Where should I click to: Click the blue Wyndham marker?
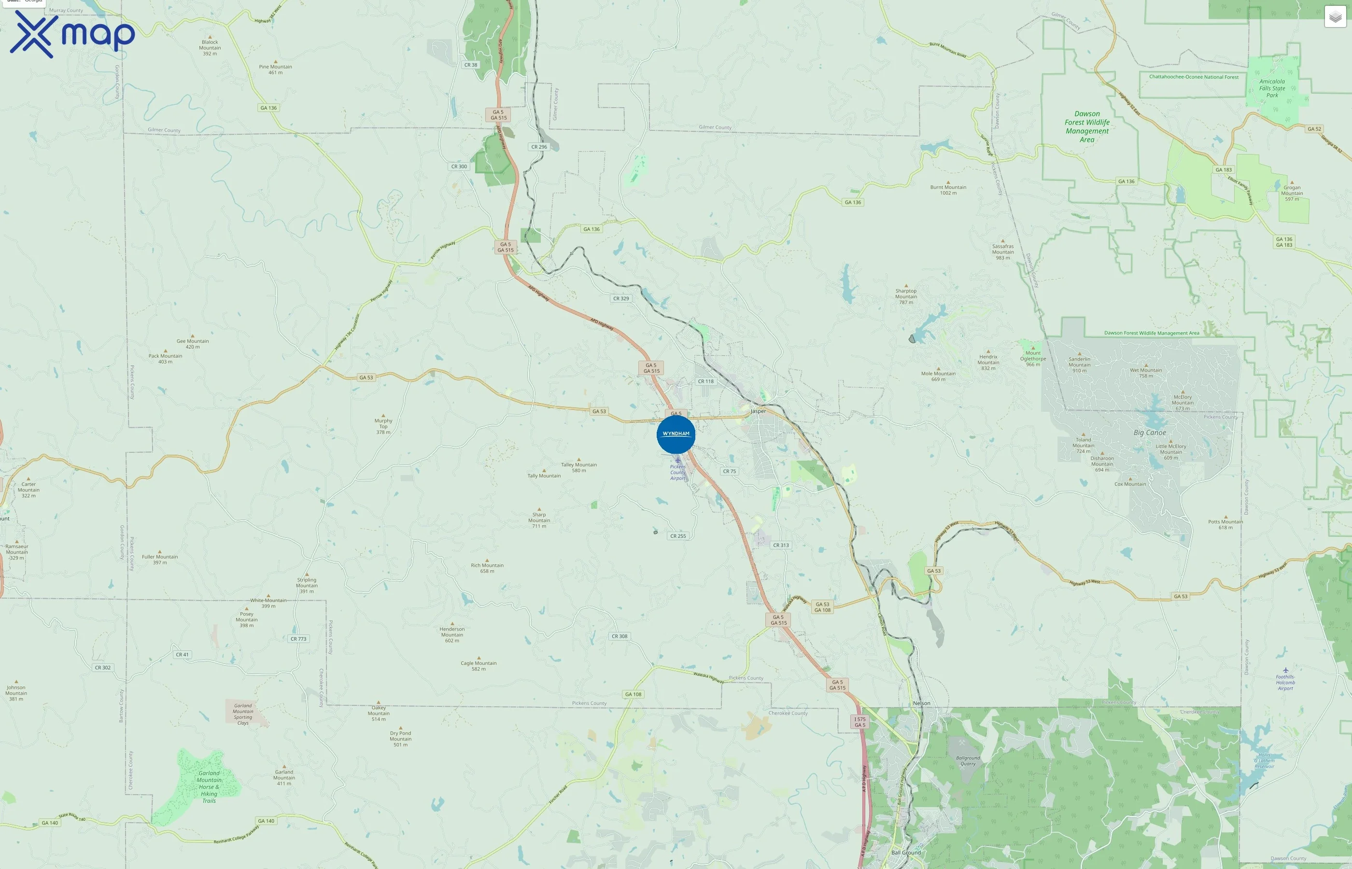676,434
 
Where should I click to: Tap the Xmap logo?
72,34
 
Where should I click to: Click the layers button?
1335,17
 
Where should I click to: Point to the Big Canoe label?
1149,433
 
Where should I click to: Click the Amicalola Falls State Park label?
1272,88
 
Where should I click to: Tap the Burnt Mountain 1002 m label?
948,190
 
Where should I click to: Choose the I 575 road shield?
859,722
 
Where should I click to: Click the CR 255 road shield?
678,536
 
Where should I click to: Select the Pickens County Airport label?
678,472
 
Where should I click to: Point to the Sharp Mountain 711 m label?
539,520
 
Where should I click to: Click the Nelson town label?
921,703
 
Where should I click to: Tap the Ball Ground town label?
906,853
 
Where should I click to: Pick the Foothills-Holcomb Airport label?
1285,682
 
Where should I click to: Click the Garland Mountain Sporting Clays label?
243,714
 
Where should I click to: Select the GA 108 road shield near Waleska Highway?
633,694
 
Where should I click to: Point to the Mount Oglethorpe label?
1033,358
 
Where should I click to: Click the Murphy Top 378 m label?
383,426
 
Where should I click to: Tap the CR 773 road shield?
298,639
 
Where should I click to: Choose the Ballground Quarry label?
968,761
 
